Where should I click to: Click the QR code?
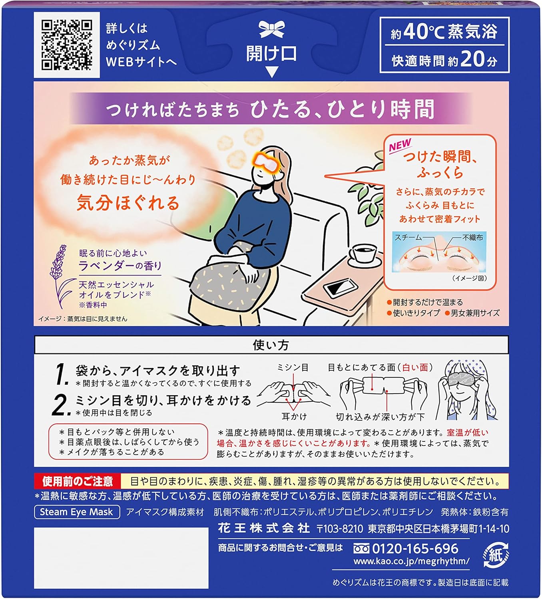[67, 45]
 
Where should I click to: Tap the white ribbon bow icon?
[272, 30]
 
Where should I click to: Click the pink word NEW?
[400, 145]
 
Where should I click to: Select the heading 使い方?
[271, 345]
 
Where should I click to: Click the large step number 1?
[62, 374]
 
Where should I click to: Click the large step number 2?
[61, 405]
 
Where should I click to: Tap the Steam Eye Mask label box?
[77, 512]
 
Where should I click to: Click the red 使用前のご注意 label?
[78, 481]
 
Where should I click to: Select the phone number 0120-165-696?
[415, 549]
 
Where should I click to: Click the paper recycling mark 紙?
[496, 555]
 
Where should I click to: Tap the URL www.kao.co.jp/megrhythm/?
[411, 561]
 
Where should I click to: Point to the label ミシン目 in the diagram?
[293, 367]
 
